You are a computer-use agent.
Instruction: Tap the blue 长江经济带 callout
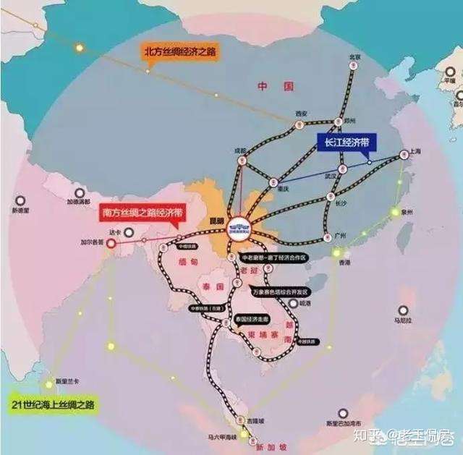343,143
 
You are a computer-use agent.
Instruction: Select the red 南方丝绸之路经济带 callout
141,212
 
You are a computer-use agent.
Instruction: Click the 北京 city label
354,56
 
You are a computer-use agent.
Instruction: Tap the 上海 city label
415,151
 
